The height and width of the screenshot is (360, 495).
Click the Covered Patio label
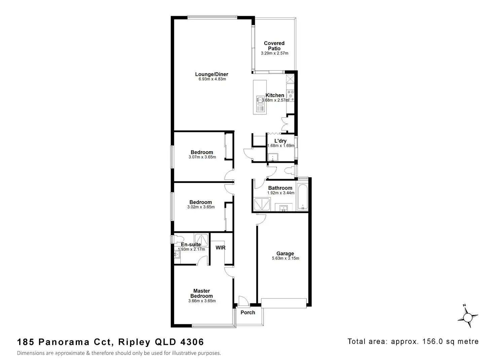(274, 46)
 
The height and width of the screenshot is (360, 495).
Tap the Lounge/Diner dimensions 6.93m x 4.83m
(212, 79)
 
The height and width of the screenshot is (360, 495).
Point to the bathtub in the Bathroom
(302, 196)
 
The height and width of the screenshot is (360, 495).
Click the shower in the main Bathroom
(262, 204)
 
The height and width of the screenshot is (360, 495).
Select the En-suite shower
(201, 240)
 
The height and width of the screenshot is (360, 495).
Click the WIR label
(220, 248)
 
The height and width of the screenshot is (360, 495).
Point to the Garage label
(285, 253)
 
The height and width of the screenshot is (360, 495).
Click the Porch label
(248, 313)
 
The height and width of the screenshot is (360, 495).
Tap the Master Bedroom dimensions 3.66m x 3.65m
(202, 301)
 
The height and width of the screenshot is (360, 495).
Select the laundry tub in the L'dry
(273, 157)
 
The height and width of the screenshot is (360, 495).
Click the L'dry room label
(280, 141)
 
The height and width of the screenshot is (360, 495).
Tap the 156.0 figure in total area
(433, 341)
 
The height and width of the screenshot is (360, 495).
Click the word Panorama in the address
(64, 342)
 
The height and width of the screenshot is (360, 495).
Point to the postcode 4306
(192, 342)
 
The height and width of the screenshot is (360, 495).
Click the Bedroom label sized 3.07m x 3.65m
(202, 152)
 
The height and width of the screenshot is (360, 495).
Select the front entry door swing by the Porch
(244, 301)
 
